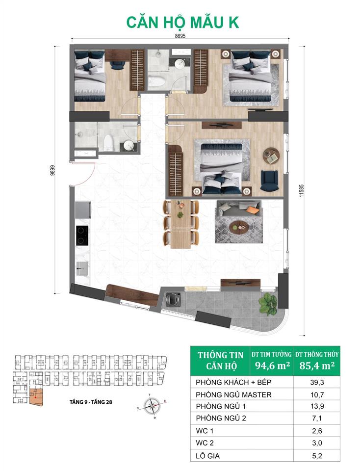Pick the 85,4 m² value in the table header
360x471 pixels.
point(317,365)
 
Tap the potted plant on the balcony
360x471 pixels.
point(267,304)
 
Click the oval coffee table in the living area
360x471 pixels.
point(240,225)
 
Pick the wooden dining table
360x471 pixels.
point(180,223)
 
